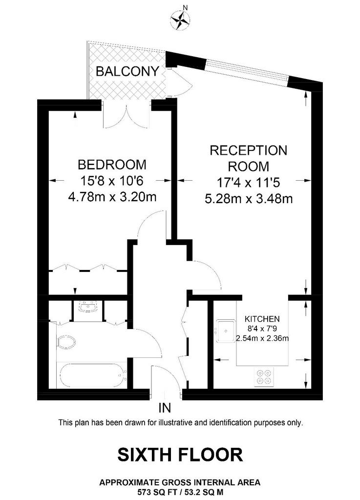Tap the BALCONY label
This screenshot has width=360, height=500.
[x=127, y=71]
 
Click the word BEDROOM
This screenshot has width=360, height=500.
[x=112, y=165]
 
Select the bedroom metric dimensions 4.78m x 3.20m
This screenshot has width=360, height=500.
[x=112, y=197]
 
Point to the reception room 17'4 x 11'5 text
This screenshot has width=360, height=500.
[x=249, y=183]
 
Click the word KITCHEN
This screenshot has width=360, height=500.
[x=262, y=318]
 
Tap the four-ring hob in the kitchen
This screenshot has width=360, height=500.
[x=264, y=377]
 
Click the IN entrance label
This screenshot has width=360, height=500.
[x=165, y=408]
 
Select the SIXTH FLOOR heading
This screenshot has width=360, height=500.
[x=180, y=455]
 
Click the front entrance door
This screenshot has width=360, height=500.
[x=166, y=381]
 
